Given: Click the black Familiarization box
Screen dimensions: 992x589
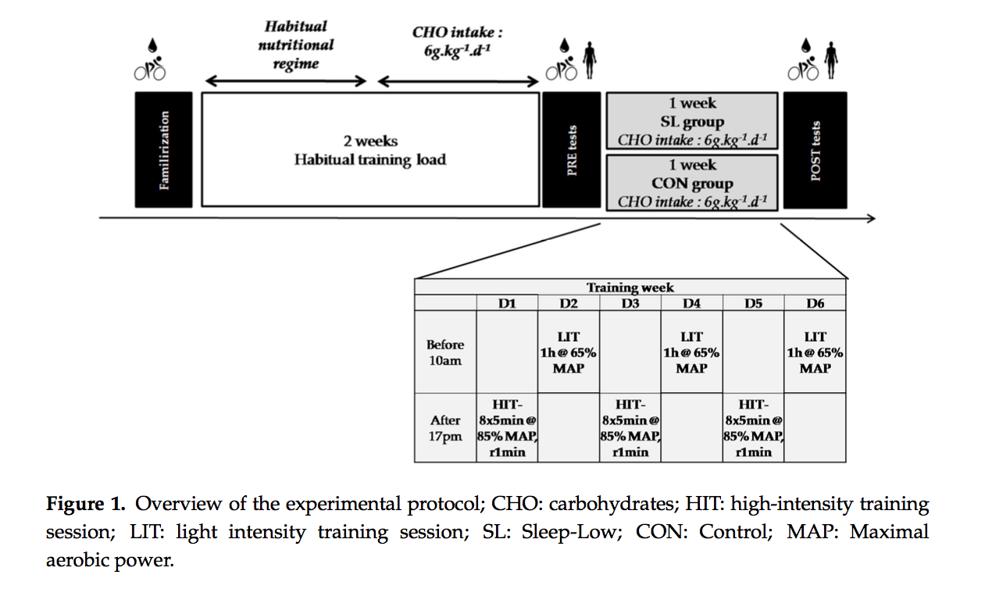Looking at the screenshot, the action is click(x=163, y=150).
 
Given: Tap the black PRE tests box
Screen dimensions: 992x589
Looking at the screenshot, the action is click(x=572, y=150).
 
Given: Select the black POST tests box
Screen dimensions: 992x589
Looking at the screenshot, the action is click(x=815, y=150).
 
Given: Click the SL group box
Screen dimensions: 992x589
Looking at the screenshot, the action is click(x=692, y=121).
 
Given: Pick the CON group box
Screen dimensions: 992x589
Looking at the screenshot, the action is click(x=692, y=183).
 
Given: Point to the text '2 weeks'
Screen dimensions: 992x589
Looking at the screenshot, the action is click(x=371, y=141).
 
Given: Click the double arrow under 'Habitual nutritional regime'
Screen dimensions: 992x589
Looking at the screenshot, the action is click(x=286, y=81).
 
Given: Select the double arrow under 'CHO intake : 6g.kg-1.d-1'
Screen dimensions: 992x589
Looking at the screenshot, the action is click(x=458, y=81).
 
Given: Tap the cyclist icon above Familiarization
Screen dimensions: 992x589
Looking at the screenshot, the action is click(x=150, y=69).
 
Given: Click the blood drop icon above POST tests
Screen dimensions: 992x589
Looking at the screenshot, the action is click(x=806, y=45).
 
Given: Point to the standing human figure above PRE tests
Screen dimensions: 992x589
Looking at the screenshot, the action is click(x=590, y=60).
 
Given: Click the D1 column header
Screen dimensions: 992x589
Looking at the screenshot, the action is click(x=507, y=303).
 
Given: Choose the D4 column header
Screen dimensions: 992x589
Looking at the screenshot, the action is click(x=692, y=303).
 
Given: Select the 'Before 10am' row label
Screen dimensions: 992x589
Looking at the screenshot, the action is click(x=445, y=352).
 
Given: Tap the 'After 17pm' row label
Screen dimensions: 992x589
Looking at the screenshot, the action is click(x=445, y=428).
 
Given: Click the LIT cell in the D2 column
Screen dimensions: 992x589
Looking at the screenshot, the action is click(x=569, y=352).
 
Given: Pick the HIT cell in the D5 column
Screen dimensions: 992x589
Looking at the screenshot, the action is click(x=753, y=428).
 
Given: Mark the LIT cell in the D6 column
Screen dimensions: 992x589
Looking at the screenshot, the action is click(x=815, y=352).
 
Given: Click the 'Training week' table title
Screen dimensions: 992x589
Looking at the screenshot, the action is click(x=630, y=287).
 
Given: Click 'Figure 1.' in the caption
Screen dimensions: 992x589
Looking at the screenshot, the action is click(x=86, y=504).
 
